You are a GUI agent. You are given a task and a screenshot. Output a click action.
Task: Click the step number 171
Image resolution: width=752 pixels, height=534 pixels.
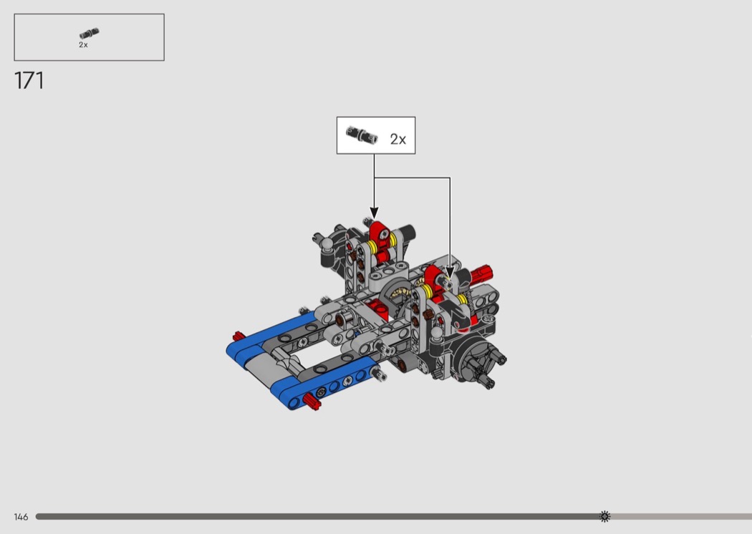(x=29, y=81)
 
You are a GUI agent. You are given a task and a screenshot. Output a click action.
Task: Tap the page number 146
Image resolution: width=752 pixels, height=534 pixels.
(x=21, y=517)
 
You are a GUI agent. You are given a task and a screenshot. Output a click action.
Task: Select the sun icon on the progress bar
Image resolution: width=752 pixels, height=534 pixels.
(x=604, y=516)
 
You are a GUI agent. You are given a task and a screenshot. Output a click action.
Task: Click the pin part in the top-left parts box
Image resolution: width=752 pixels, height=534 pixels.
(x=90, y=34)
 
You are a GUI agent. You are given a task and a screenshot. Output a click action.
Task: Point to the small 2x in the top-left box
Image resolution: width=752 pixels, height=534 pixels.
(x=84, y=44)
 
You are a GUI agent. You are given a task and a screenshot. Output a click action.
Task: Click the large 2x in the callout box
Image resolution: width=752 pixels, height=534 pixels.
(x=398, y=139)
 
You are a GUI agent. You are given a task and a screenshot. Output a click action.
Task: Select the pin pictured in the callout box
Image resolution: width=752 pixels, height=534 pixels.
(x=362, y=135)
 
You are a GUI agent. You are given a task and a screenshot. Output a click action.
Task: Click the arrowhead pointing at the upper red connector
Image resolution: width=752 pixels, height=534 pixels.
(x=374, y=213)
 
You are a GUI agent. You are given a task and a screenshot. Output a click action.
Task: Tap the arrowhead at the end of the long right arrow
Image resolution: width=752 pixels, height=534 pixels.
(x=449, y=273)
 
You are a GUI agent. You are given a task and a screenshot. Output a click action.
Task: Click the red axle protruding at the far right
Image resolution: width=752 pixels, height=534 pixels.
(x=481, y=274)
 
